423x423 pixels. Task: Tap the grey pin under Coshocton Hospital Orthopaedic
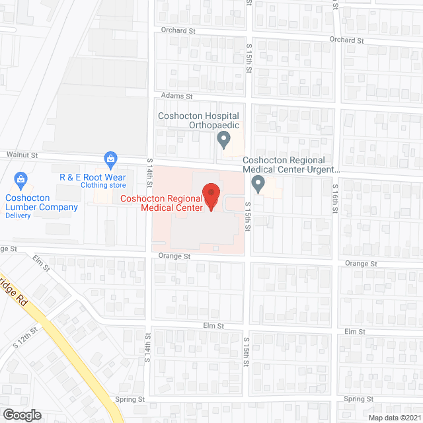click(x=223, y=139)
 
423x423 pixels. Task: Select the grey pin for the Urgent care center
click(x=259, y=184)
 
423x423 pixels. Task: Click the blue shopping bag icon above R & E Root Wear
click(x=110, y=159)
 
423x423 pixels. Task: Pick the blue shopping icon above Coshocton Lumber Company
click(x=21, y=179)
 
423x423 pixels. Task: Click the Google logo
click(x=22, y=414)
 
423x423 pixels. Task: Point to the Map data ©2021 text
click(x=394, y=417)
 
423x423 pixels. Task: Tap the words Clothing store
click(x=102, y=185)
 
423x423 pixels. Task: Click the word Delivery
click(x=19, y=215)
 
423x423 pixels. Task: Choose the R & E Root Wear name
click(x=93, y=177)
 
